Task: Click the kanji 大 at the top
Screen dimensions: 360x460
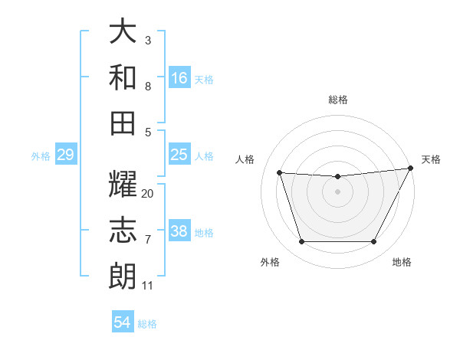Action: pyautogui.click(x=123, y=31)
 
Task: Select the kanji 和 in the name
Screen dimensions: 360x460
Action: pyautogui.click(x=123, y=77)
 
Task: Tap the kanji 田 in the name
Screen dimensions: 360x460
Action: pyautogui.click(x=123, y=122)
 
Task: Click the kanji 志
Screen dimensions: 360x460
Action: pyautogui.click(x=123, y=231)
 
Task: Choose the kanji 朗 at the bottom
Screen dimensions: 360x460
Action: pyautogui.click(x=123, y=276)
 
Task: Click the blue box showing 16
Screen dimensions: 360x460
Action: pyautogui.click(x=179, y=77)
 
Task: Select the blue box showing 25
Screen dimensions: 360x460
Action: pyautogui.click(x=179, y=155)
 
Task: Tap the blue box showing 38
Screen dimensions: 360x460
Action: pyautogui.click(x=179, y=231)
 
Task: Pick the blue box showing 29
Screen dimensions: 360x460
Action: pyautogui.click(x=65, y=155)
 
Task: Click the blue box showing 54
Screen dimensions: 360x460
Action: pyautogui.click(x=123, y=322)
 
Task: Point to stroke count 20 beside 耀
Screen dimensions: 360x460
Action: pyautogui.click(x=148, y=193)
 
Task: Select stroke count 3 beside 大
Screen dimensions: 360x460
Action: pyautogui.click(x=148, y=40)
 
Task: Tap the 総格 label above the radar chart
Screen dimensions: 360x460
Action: pyautogui.click(x=337, y=100)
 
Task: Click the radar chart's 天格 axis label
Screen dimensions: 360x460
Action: pyautogui.click(x=431, y=159)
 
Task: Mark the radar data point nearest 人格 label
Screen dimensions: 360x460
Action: pyautogui.click(x=280, y=173)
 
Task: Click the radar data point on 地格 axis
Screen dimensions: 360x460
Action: pyautogui.click(x=373, y=242)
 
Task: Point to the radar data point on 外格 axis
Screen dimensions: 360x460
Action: pyautogui.click(x=301, y=242)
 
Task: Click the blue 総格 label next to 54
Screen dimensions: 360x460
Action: pyautogui.click(x=148, y=324)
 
